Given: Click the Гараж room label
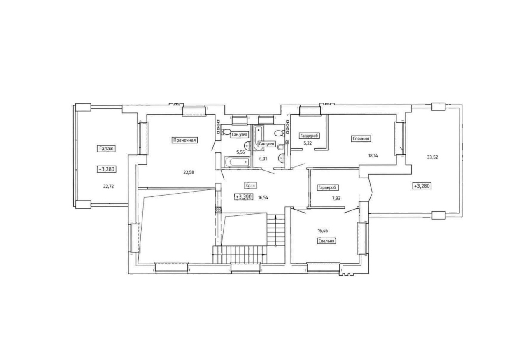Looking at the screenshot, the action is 106,149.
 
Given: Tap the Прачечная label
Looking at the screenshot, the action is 184,140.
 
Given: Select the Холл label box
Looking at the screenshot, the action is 250,186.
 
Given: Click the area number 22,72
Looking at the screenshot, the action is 108,186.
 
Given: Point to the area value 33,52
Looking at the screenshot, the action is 432,157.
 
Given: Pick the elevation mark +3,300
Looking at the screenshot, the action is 244,197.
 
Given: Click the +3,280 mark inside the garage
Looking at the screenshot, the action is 107,169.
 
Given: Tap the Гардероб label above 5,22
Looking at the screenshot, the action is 309,136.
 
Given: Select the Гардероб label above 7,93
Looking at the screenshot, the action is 328,188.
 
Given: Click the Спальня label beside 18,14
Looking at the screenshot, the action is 361,138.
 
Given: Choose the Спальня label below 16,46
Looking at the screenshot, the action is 326,241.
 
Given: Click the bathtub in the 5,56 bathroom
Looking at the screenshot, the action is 238,162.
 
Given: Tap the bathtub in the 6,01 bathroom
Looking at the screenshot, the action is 259,138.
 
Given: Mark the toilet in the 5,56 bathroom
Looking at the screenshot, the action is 226,132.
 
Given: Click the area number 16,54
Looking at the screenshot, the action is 263,198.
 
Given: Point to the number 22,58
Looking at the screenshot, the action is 189,172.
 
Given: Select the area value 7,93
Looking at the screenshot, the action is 336,199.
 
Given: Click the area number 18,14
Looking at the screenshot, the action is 373,156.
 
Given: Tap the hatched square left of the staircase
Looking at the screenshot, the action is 218,210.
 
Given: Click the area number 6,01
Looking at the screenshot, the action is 263,159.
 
